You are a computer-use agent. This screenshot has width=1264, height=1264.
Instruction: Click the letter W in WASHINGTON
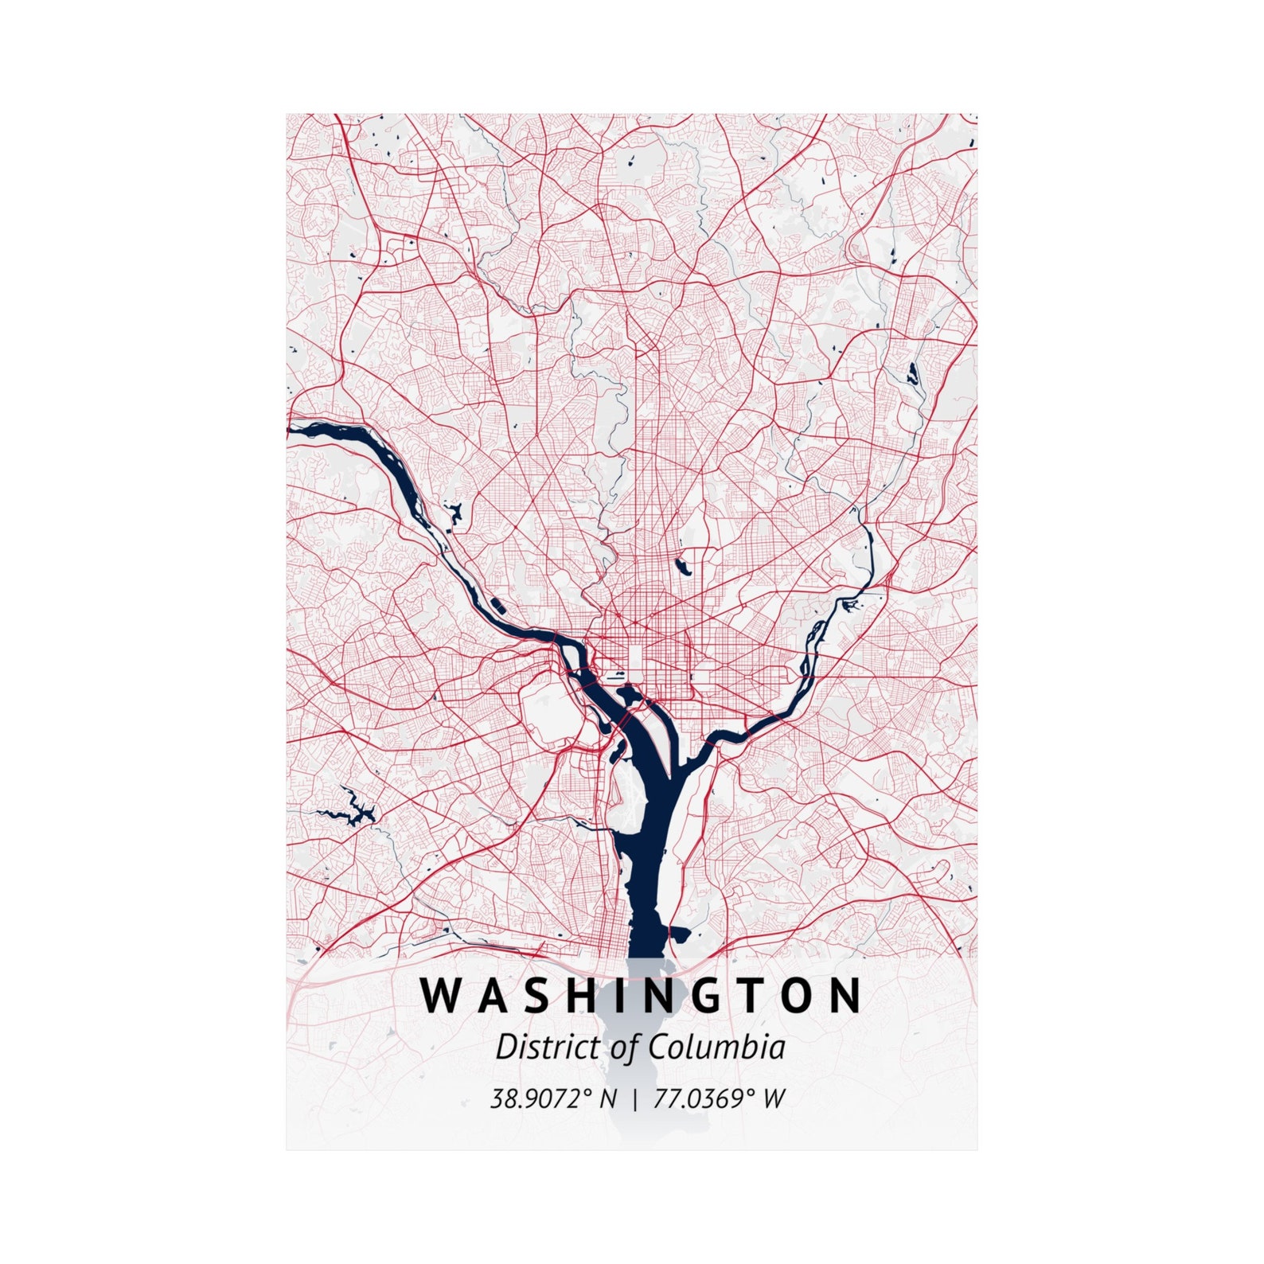[441, 995]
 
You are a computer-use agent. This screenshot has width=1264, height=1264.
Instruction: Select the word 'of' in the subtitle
[626, 1047]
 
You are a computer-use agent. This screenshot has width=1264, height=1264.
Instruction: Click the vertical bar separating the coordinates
[634, 1099]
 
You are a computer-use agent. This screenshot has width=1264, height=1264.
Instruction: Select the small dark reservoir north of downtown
[681, 566]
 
